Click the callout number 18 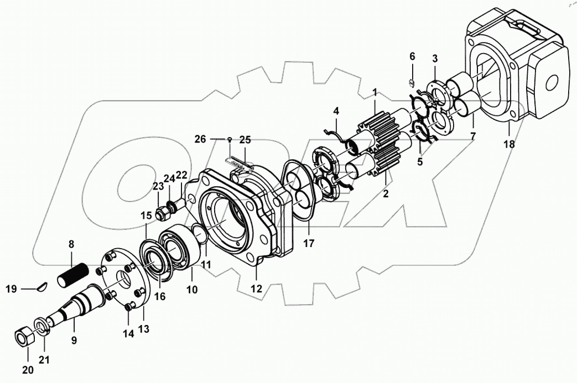(x=509, y=144)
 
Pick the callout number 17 (x=309, y=243)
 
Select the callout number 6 (x=412, y=56)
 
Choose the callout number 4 (x=335, y=111)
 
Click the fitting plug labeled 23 (x=163, y=212)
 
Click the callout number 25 (x=245, y=138)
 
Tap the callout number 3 (x=435, y=58)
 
